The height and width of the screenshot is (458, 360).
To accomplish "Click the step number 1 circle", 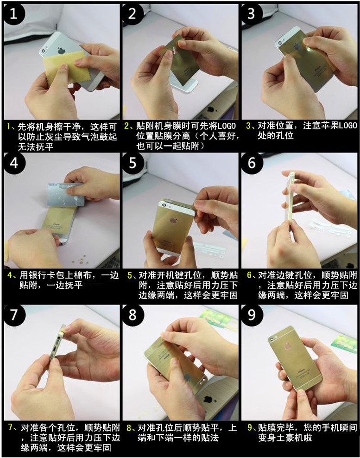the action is [x=14, y=14].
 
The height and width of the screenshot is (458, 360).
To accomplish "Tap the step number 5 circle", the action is [x=132, y=163].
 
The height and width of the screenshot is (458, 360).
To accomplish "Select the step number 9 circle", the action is [x=252, y=315].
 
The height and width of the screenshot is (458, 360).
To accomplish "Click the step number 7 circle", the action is [x=14, y=315].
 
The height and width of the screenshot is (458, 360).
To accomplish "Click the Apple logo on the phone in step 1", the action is [x=61, y=51].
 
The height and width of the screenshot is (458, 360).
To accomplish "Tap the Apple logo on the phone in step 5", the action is [x=174, y=219].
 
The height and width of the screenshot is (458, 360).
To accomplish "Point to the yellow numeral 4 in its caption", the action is [x=10, y=275].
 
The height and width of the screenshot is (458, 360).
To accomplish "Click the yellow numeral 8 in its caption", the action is [x=129, y=428].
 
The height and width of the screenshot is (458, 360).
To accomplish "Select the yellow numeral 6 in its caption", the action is [x=249, y=275].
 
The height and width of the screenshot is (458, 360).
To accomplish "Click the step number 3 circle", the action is [x=252, y=14].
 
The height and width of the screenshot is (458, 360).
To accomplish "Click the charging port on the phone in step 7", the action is [x=54, y=350].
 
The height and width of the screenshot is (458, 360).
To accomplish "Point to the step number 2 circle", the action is [x=132, y=14].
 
